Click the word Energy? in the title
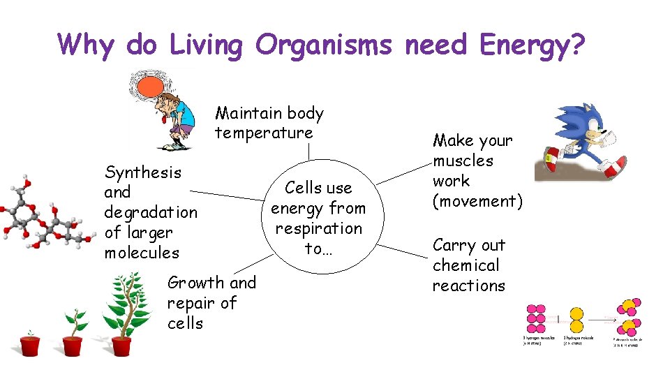(x=532, y=45)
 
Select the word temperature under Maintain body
(x=264, y=133)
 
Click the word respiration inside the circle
(x=318, y=228)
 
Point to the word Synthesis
(x=142, y=172)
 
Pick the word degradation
(x=151, y=212)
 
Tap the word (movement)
(x=477, y=201)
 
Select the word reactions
(x=468, y=286)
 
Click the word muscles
(x=463, y=161)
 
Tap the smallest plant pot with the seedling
(x=30, y=345)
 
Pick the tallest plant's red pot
(x=121, y=346)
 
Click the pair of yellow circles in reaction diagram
(x=576, y=321)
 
